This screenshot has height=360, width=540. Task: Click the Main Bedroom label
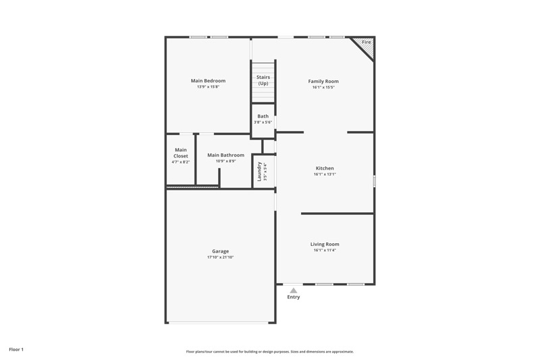208,81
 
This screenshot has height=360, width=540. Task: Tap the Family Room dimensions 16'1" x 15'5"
323,87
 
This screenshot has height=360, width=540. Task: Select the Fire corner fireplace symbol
365,44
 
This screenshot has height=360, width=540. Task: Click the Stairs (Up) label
263,80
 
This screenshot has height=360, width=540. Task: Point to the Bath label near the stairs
263,116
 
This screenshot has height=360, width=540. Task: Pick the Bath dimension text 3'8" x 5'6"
263,122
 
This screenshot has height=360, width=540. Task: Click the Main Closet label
181,153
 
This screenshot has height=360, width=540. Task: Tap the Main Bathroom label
225,155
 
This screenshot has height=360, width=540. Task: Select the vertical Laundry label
259,172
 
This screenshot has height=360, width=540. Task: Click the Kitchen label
325,168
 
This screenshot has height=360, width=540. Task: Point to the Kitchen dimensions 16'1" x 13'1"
325,174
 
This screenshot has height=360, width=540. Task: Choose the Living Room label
325,245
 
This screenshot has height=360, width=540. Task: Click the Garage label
220,251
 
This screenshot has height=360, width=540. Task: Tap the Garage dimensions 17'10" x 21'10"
220,257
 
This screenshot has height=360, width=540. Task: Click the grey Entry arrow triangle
293,290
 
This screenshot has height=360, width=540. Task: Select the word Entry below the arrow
293,297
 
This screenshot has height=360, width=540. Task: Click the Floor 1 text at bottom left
16,349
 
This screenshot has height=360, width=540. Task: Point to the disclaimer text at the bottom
269,351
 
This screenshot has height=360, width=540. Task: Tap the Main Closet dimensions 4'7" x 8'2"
181,162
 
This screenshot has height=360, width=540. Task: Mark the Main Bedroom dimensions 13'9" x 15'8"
208,87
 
